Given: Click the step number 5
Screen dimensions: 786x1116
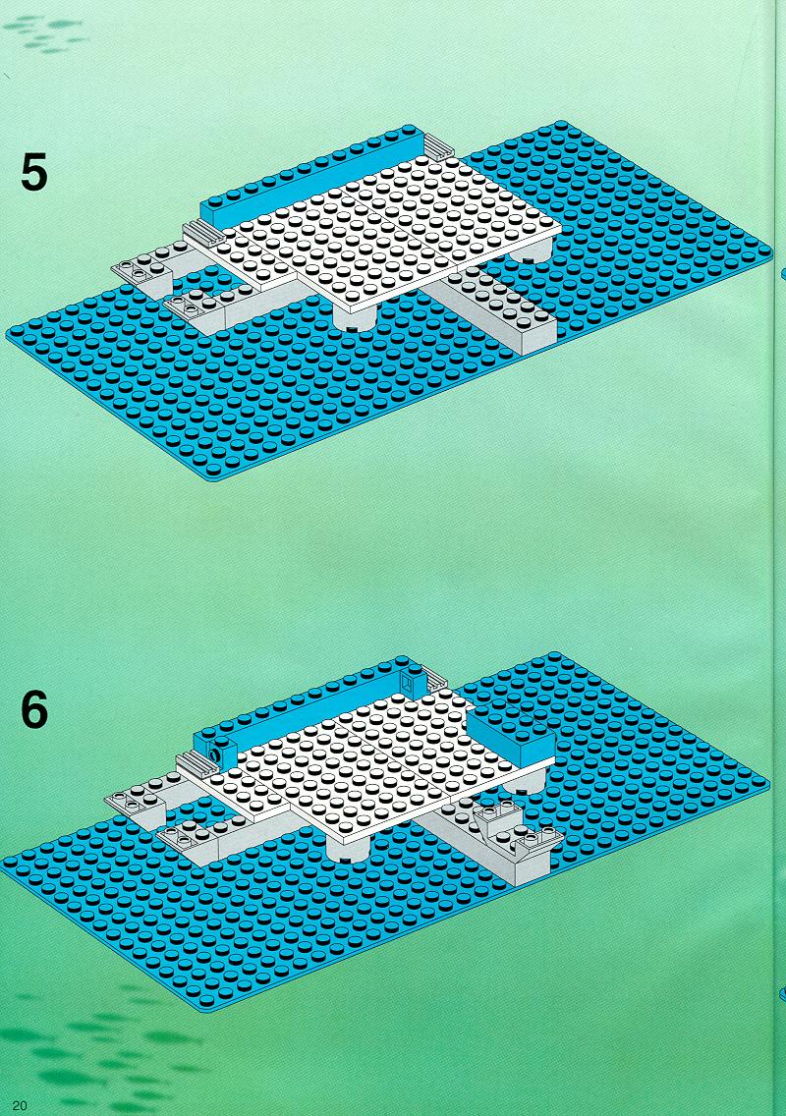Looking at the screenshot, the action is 34,173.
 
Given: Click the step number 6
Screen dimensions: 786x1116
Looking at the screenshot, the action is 34,709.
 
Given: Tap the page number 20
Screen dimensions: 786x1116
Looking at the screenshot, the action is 20,1104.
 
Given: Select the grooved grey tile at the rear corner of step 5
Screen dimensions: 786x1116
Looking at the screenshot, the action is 439,146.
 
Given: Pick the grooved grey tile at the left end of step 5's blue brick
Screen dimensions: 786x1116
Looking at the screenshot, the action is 203,232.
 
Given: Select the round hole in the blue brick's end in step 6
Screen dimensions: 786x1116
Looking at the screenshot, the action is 213,753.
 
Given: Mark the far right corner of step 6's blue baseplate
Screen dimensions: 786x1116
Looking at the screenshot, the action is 768,783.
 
